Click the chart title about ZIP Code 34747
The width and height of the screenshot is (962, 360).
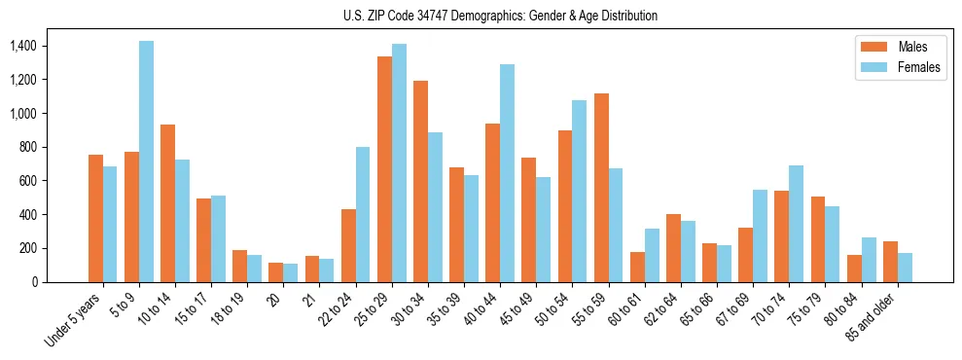[500, 16]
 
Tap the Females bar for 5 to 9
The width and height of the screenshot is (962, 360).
[146, 162]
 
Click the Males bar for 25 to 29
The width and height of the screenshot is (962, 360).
[384, 169]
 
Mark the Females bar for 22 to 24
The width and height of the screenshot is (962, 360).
[363, 214]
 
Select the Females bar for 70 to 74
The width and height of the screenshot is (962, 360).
[796, 224]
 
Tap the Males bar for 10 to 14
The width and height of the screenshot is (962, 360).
[167, 203]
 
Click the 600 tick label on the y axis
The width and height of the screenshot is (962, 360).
[27, 181]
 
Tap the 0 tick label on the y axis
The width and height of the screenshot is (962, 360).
[34, 282]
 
